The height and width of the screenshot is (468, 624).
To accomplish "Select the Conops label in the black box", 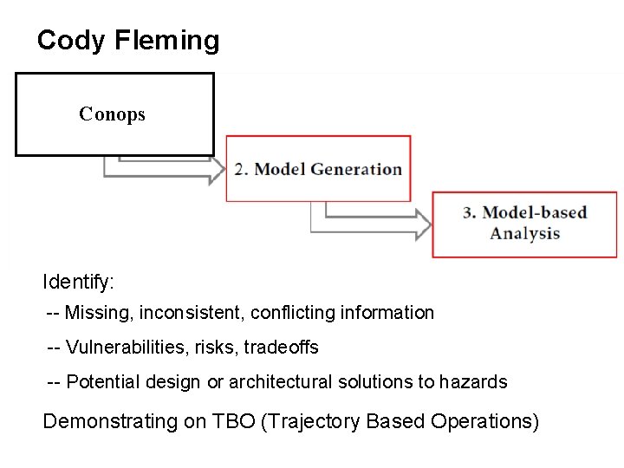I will click(x=112, y=114).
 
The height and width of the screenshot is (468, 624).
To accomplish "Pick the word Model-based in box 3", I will click(x=535, y=213).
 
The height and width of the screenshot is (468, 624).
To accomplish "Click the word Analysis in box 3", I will click(x=524, y=233).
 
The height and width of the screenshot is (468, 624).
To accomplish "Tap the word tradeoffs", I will click(x=281, y=348).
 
